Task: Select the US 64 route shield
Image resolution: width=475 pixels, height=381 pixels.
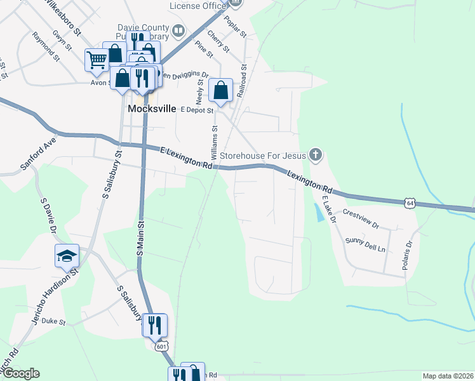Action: pyautogui.click(x=410, y=203)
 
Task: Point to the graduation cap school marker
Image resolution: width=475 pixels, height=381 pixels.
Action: pyautogui.click(x=67, y=255)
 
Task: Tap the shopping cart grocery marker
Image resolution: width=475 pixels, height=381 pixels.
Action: pyautogui.click(x=97, y=60)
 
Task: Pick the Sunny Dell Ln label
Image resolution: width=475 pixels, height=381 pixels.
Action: pyautogui.click(x=365, y=244)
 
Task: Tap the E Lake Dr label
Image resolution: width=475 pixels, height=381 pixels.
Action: pyautogui.click(x=328, y=209)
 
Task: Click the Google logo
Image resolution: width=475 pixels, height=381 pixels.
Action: pyautogui.click(x=20, y=373)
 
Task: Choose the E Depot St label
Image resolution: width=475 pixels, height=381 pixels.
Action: pyautogui.click(x=196, y=109)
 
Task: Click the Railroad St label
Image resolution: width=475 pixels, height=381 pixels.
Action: pyautogui.click(x=242, y=79)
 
